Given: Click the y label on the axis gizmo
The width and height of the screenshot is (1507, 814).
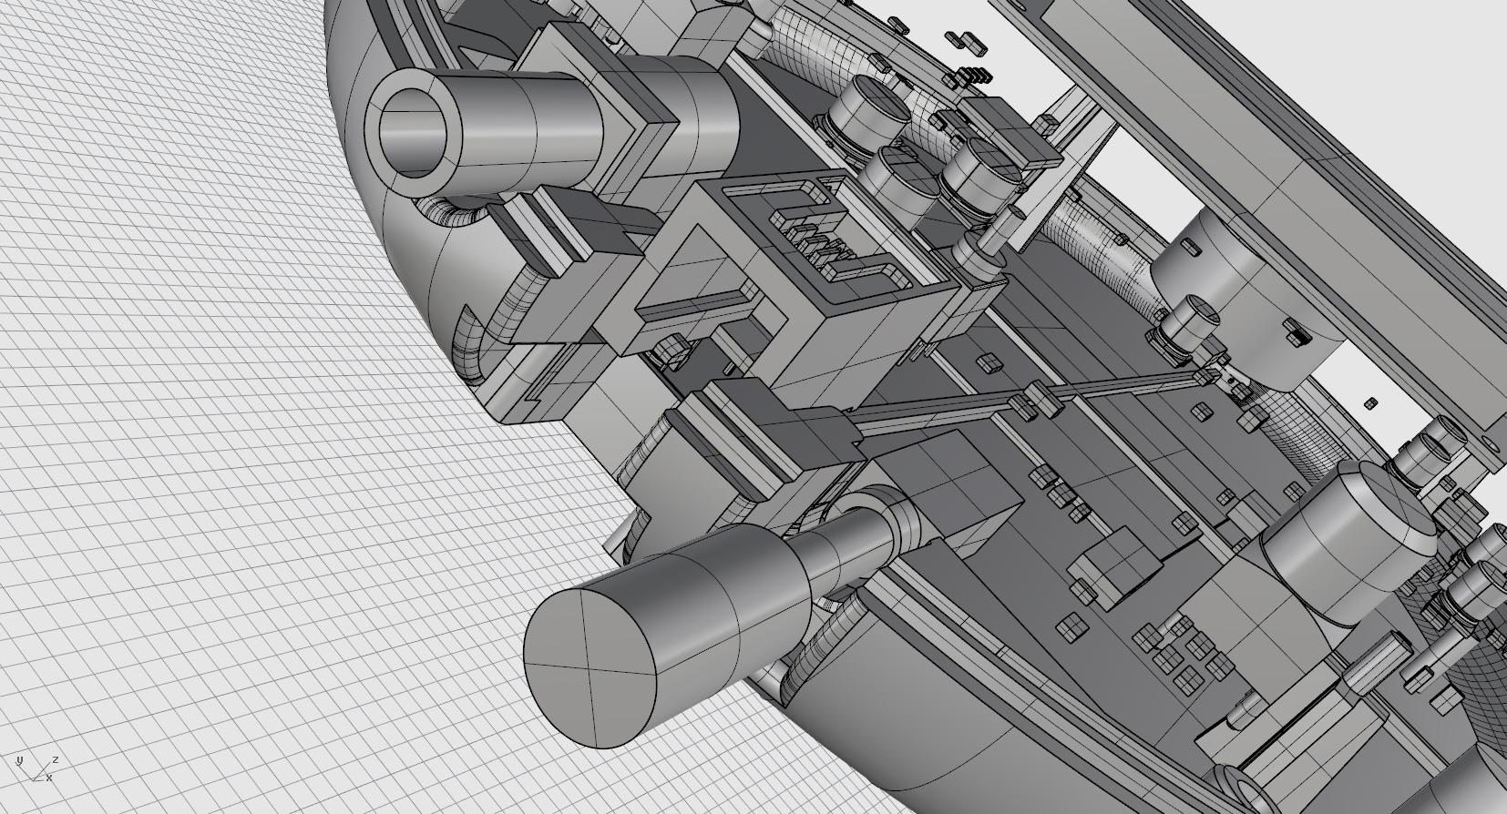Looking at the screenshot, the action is point(19,761).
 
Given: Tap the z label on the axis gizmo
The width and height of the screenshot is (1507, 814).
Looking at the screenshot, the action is point(56,760).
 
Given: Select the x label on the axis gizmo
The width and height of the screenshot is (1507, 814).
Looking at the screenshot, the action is point(49,778).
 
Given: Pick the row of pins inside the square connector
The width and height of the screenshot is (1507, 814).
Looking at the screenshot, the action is point(817,249).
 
